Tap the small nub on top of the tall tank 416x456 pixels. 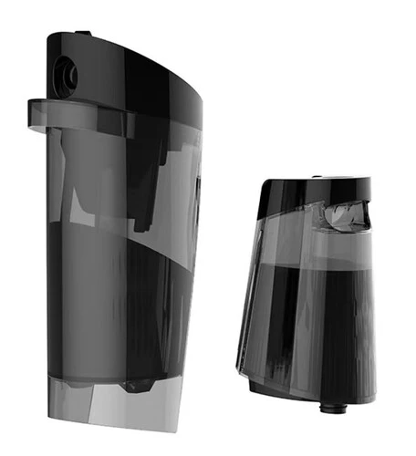[83, 33]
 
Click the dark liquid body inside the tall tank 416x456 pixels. [119, 301]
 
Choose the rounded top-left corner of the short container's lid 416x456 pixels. [265, 186]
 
